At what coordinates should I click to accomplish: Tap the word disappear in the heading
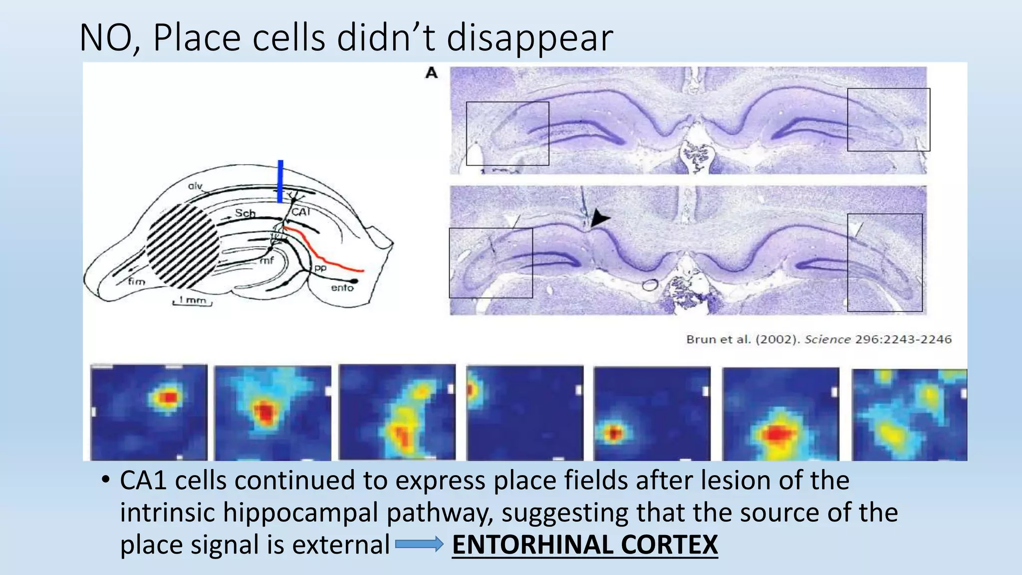[x=529, y=38]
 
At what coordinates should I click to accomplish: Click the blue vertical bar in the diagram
[x=280, y=181]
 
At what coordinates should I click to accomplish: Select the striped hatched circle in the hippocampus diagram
[x=184, y=246]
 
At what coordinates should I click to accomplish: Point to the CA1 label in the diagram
[x=301, y=212]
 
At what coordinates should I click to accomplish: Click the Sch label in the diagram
[x=245, y=213]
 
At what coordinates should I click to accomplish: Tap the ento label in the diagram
[x=342, y=288]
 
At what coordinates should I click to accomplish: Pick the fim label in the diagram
[x=136, y=282]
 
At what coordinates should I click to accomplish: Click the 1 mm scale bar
[x=193, y=301]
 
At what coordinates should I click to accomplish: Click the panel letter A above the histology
[x=431, y=73]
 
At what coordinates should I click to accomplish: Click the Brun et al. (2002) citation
[x=818, y=339]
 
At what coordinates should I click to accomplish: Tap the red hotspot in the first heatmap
[x=169, y=397]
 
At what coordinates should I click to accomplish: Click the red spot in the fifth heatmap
[x=613, y=433]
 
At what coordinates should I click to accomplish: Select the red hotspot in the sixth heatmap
[x=776, y=434]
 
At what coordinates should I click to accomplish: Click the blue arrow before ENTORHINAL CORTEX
[x=419, y=544]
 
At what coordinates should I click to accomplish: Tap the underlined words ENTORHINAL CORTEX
[x=584, y=544]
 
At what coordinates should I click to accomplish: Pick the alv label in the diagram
[x=195, y=186]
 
